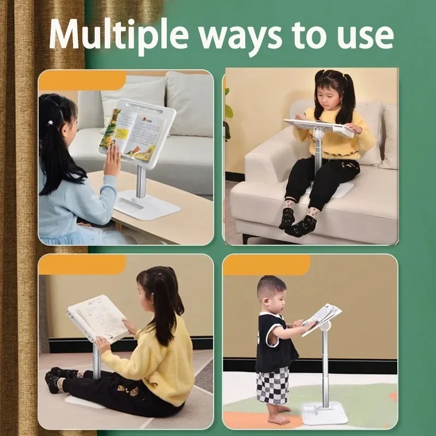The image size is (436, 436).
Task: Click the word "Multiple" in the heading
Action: pos(118,34)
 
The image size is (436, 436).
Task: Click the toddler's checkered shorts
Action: pos(274,385)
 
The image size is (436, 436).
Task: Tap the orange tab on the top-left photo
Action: pos(82,80)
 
